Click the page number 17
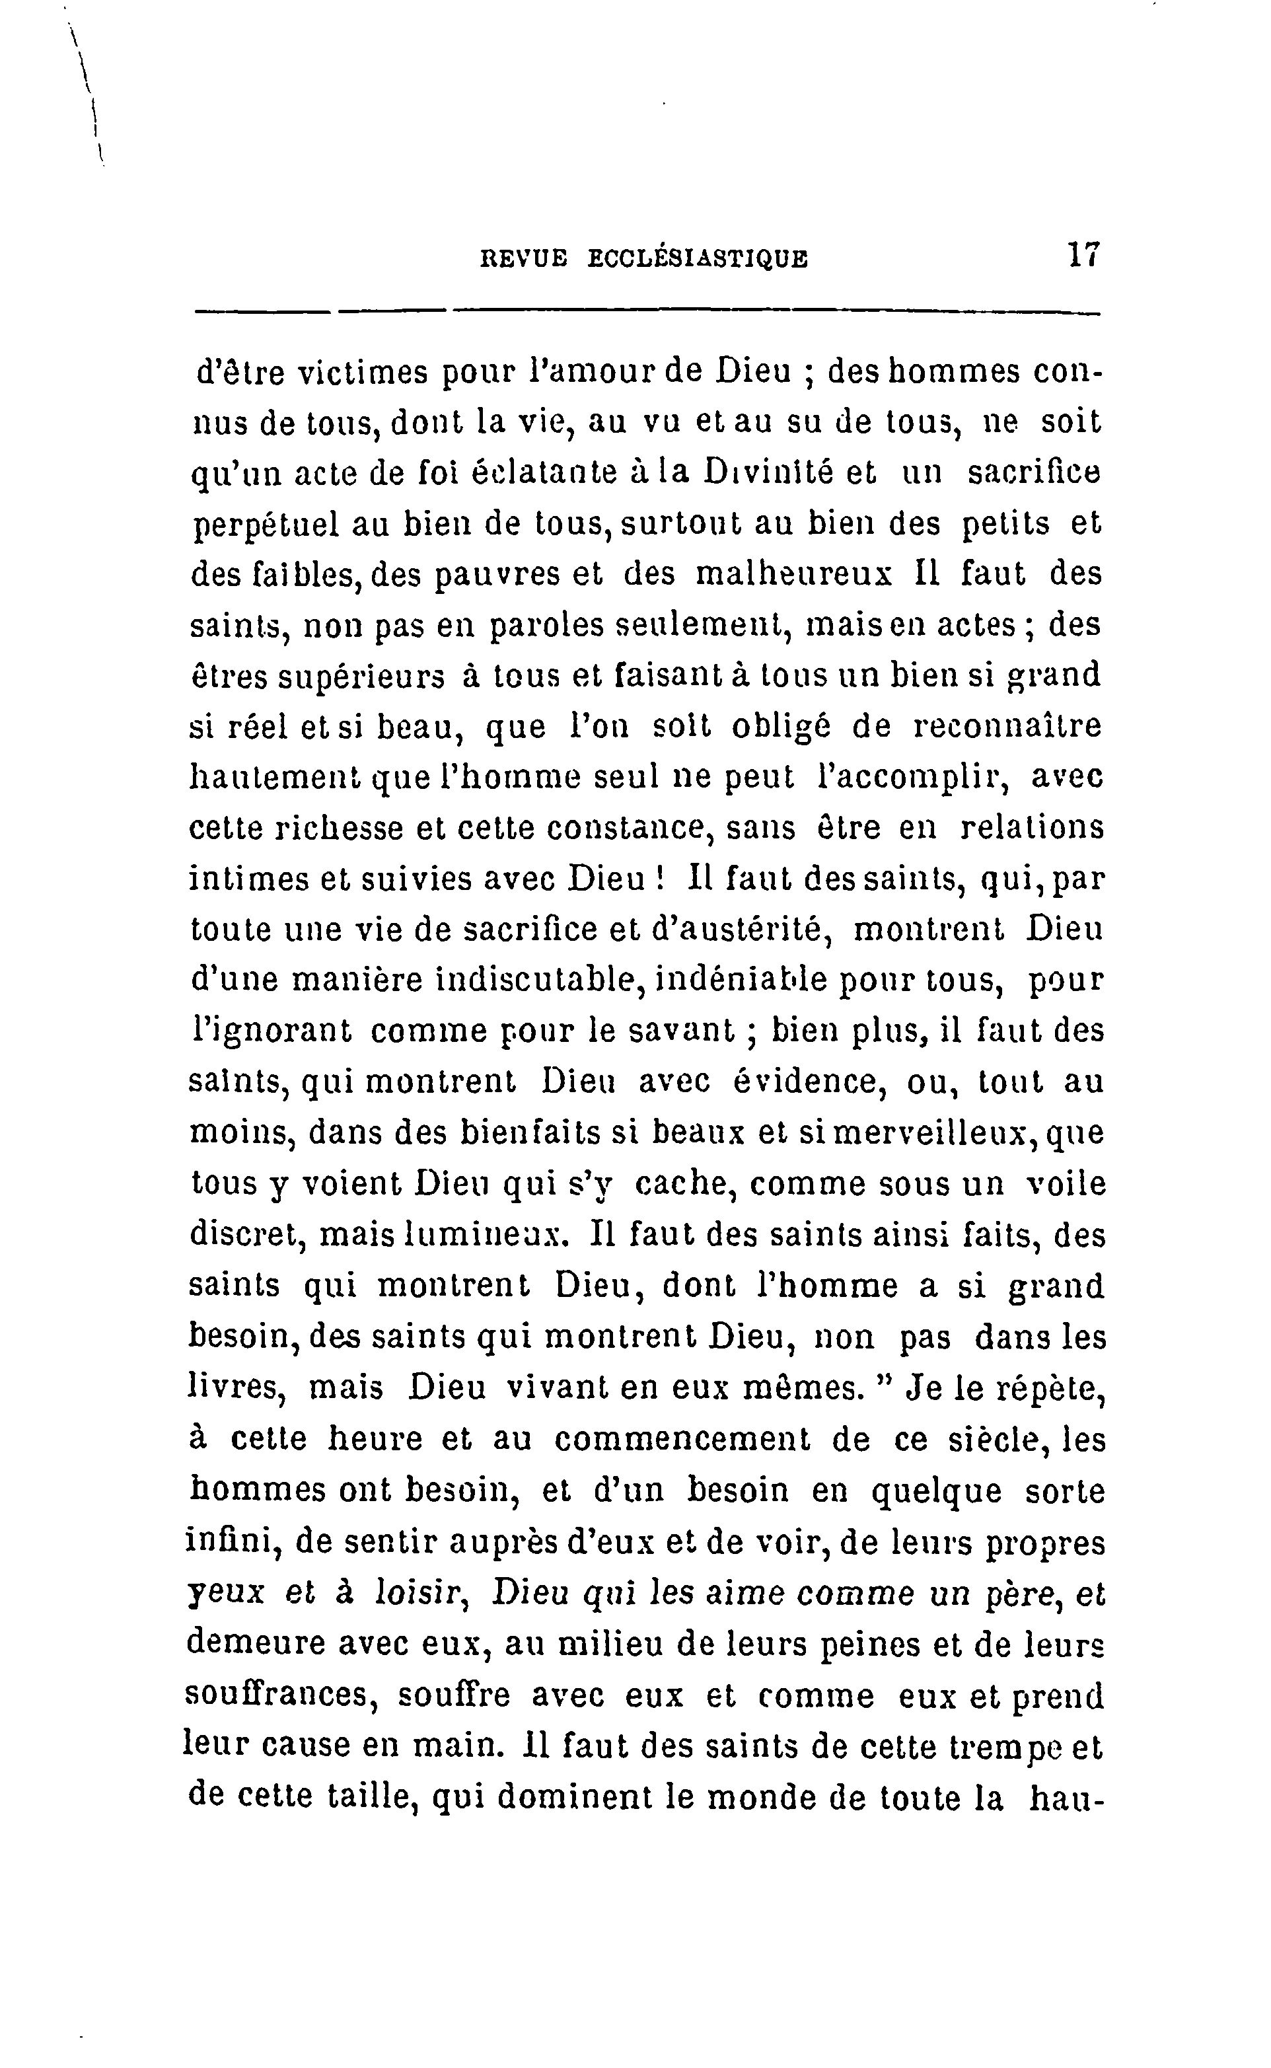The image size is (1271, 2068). coord(1083,255)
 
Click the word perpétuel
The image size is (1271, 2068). coord(264,525)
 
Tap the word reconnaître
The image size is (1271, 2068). coord(1006,726)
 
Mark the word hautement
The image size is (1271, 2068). coord(275,778)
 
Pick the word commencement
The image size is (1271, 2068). coord(682,1439)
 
